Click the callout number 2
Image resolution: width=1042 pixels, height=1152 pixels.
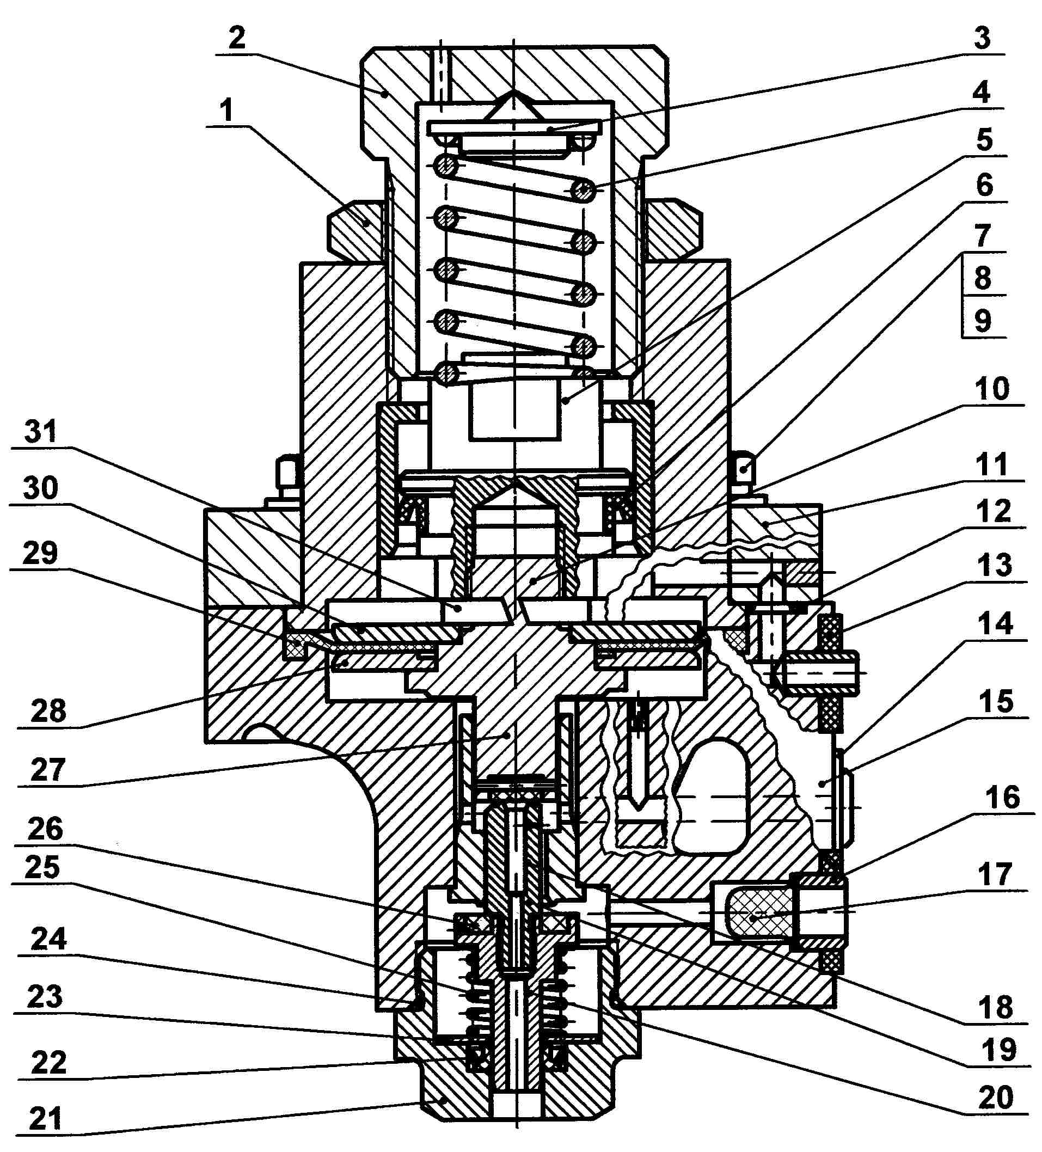click(x=237, y=38)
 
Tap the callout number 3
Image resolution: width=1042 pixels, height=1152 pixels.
click(x=982, y=38)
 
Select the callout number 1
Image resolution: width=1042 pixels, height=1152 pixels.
click(x=227, y=110)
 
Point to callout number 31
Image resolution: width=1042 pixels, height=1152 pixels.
click(x=41, y=431)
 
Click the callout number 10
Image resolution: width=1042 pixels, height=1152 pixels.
click(x=992, y=389)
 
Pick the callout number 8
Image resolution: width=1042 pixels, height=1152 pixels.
click(x=982, y=278)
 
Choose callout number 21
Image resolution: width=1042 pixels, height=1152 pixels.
click(x=45, y=1118)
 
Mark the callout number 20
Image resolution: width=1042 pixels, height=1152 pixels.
click(x=996, y=1097)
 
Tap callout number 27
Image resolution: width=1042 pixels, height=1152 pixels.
click(x=48, y=770)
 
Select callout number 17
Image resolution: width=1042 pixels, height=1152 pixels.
click(x=995, y=874)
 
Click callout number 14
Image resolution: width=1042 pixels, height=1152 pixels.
click(x=995, y=623)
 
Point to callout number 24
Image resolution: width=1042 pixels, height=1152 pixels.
click(x=48, y=938)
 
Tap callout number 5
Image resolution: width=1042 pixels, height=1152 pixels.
click(x=984, y=139)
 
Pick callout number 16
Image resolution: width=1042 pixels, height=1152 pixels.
click(x=1002, y=797)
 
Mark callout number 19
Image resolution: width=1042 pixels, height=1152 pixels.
click(x=998, y=1049)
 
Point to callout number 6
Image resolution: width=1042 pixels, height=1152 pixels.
click(x=984, y=185)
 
